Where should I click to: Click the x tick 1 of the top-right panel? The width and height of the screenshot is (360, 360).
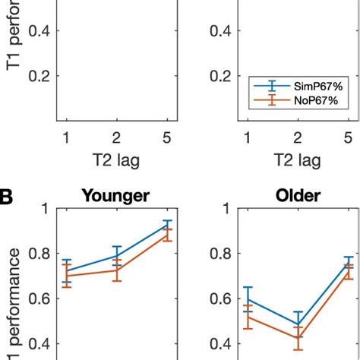[x=245, y=137]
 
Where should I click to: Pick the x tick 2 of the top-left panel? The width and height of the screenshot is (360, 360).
[x=116, y=137]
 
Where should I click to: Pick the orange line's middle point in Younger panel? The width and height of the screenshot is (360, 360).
[x=116, y=270]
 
